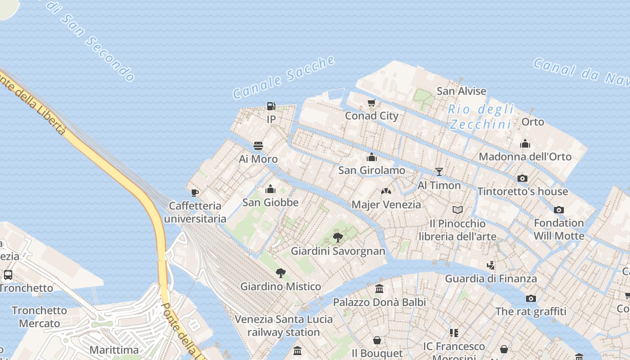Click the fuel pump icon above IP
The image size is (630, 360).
(271, 106)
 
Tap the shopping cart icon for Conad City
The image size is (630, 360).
(372, 103)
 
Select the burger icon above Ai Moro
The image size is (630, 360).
(258, 146)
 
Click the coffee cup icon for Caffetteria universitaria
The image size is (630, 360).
(195, 193)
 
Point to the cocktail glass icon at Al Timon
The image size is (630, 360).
(439, 172)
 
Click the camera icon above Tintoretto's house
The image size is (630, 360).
(522, 178)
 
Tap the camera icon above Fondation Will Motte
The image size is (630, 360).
(559, 210)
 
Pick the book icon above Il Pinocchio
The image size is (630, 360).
(458, 210)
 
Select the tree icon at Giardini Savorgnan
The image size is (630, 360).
(338, 238)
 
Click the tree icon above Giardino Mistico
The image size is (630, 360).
(281, 273)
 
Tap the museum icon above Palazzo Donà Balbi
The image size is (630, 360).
(379, 289)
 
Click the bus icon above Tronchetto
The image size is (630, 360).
(8, 274)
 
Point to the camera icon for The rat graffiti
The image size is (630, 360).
(531, 298)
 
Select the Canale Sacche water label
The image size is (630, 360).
(284, 77)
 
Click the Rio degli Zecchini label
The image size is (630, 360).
(481, 117)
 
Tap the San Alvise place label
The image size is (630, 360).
(461, 91)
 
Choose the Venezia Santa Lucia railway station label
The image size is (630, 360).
(283, 326)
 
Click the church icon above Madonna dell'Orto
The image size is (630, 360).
(525, 144)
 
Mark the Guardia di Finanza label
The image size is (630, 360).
(491, 279)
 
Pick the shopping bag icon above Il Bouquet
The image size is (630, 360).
(377, 340)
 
